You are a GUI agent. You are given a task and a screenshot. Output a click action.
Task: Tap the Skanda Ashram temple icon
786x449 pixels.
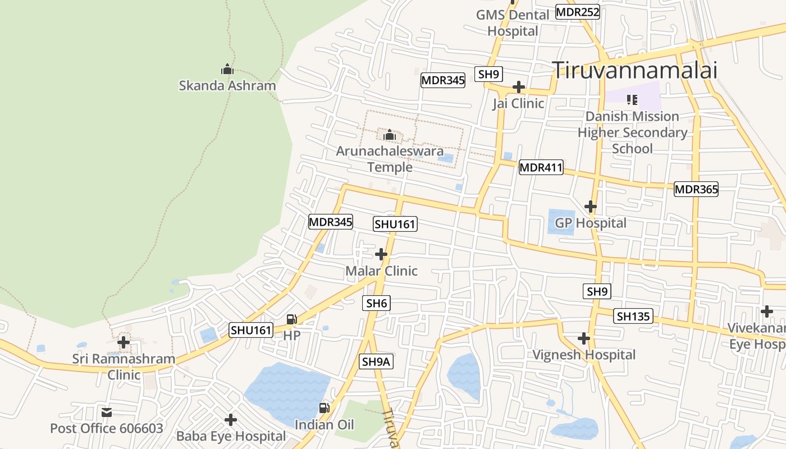pyautogui.click(x=227, y=69)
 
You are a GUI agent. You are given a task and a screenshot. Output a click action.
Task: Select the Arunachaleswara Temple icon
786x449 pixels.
pyautogui.click(x=390, y=135)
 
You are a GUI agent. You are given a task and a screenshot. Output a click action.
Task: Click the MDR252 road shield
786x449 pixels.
pyautogui.click(x=578, y=12)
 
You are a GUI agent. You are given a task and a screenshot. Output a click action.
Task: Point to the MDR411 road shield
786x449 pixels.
pyautogui.click(x=541, y=167)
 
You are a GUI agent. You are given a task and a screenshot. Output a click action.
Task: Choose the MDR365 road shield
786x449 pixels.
pyautogui.click(x=696, y=189)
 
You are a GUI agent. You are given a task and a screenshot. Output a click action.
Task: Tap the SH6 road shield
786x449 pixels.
pyautogui.click(x=377, y=304)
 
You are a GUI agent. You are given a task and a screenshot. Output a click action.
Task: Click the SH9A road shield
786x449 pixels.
pyautogui.click(x=376, y=362)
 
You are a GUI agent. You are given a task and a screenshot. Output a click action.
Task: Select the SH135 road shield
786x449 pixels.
pyautogui.click(x=633, y=316)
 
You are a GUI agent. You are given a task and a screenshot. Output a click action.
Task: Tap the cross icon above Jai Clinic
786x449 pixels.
pyautogui.click(x=519, y=87)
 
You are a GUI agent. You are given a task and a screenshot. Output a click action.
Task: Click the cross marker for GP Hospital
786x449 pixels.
pyautogui.click(x=590, y=207)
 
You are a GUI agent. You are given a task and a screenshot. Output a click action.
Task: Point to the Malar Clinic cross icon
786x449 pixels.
pyautogui.click(x=381, y=254)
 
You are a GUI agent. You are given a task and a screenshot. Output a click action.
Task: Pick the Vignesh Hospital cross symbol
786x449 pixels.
pyautogui.click(x=584, y=338)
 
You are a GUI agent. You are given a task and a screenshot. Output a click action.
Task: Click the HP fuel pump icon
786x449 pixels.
pyautogui.click(x=291, y=319)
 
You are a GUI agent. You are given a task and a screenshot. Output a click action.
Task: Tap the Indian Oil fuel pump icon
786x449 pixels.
pyautogui.click(x=324, y=408)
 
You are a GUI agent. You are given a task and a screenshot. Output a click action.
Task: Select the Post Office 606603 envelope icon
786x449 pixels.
pyautogui.click(x=107, y=413)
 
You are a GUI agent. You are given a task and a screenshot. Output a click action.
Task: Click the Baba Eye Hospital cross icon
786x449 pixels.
pyautogui.click(x=230, y=420)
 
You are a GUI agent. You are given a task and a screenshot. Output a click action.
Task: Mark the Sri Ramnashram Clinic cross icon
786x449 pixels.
pyautogui.click(x=123, y=342)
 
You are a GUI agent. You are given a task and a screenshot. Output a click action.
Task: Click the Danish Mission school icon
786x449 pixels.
pyautogui.click(x=632, y=100)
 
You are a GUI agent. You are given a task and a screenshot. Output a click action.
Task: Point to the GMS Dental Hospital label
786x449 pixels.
pyautogui.click(x=513, y=22)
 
